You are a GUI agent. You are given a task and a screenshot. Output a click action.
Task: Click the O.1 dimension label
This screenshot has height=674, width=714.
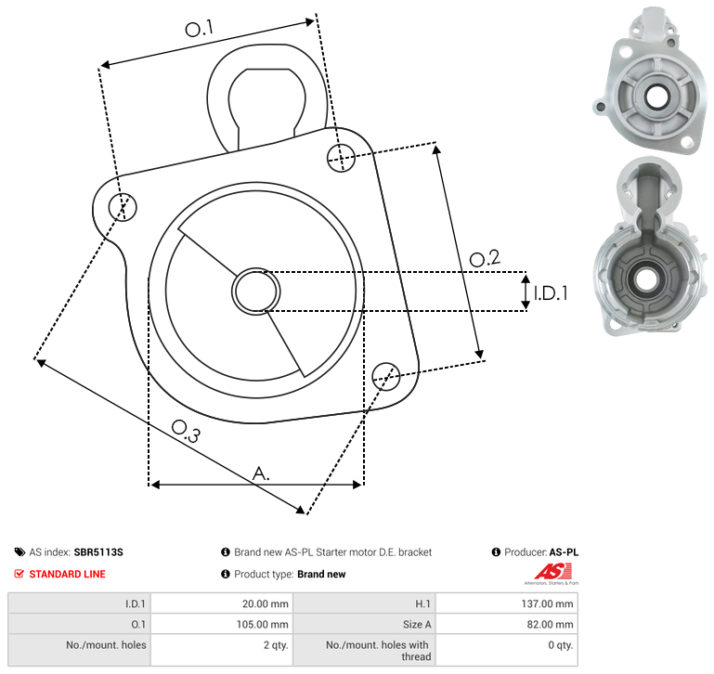click(x=199, y=28)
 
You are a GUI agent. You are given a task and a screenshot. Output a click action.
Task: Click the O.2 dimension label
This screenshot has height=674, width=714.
click(x=485, y=258)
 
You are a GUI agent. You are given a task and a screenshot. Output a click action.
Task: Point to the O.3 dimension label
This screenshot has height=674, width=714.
click(x=186, y=431)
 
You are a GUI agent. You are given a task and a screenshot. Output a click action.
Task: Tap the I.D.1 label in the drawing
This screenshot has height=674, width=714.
click(x=551, y=293)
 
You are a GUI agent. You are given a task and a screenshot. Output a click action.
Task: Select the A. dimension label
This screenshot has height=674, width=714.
click(x=261, y=473)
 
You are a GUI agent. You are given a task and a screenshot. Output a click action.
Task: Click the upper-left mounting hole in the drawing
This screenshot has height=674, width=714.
click(x=123, y=207)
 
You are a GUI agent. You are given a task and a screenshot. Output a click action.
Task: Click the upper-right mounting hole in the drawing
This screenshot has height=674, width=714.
click(x=341, y=158)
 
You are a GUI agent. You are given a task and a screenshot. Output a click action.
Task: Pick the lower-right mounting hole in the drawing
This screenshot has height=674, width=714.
click(x=386, y=376)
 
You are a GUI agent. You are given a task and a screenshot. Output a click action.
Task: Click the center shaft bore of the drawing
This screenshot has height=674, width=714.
click(x=256, y=292)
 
